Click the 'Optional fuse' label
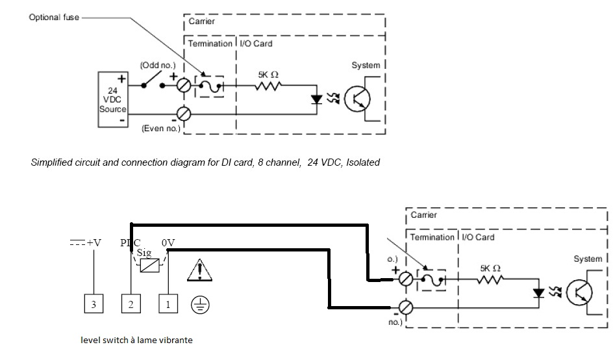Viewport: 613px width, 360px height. pyautogui.click(x=54, y=18)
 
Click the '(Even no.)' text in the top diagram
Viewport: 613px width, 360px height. pyautogui.click(x=160, y=129)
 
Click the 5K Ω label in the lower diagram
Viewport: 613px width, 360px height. pyautogui.click(x=490, y=268)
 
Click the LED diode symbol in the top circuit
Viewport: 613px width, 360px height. pyautogui.click(x=317, y=99)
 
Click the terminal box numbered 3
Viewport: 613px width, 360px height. pyautogui.click(x=94, y=303)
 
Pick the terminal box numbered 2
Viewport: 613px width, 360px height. pyautogui.click(x=131, y=303)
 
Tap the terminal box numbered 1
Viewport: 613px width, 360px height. pyautogui.click(x=168, y=303)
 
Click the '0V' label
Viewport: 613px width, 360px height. pyautogui.click(x=168, y=242)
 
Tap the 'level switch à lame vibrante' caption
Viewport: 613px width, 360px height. pyautogui.click(x=136, y=340)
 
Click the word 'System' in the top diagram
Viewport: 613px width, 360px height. pyautogui.click(x=366, y=65)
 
